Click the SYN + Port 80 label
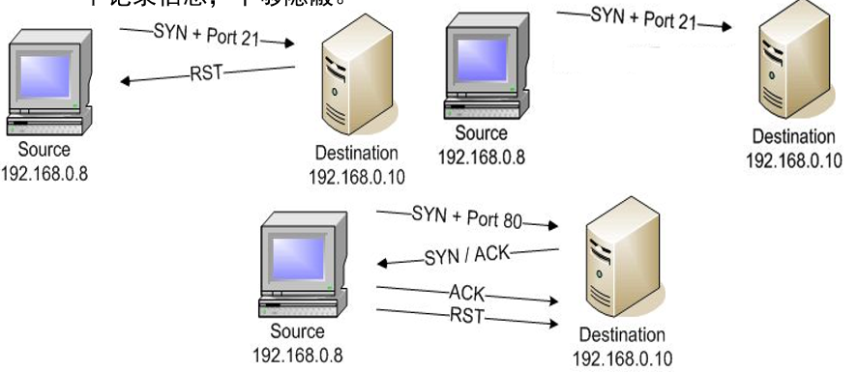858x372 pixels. pyautogui.click(x=466, y=216)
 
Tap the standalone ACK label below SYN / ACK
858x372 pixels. pyautogui.click(x=466, y=291)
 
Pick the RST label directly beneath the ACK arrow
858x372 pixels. pyautogui.click(x=465, y=315)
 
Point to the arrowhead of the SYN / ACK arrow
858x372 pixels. pyautogui.click(x=381, y=263)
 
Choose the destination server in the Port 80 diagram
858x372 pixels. pyautogui.click(x=620, y=267)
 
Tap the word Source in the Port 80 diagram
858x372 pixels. pyautogui.click(x=297, y=331)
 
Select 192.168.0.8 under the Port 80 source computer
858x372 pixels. pyautogui.click(x=297, y=354)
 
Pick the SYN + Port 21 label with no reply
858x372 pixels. pyautogui.click(x=642, y=18)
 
